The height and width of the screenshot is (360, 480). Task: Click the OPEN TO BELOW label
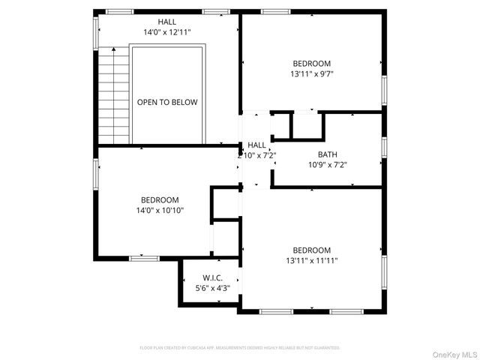point(167,102)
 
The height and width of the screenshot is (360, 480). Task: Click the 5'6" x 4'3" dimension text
point(212,287)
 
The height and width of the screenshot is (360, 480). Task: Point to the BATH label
point(327,154)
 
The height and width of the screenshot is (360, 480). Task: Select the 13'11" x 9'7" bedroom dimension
point(310,74)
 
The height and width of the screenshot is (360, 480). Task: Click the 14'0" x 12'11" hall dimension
point(167,33)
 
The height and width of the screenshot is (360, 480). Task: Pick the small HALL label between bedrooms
point(256,145)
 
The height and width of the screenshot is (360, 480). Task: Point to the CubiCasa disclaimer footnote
point(240,348)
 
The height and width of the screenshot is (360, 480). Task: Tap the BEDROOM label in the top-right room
point(310,64)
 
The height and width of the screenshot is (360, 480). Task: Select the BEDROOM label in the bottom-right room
point(310,250)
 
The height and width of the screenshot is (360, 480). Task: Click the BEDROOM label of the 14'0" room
point(160,199)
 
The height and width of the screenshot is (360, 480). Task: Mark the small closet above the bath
point(307,125)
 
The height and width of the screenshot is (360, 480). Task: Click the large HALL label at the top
point(167,22)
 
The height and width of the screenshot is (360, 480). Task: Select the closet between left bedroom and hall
point(224,202)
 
